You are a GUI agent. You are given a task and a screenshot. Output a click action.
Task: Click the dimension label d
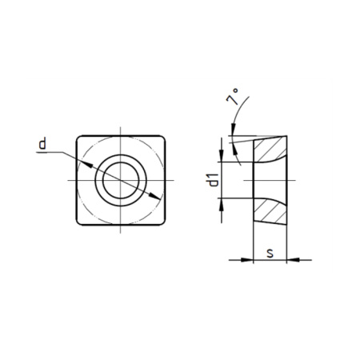pos(42,143)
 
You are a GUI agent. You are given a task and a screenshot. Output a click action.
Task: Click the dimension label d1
pos(214,180)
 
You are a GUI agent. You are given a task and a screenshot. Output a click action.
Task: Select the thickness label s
pos(270,253)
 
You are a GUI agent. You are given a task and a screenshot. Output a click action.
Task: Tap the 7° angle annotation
pos(232,97)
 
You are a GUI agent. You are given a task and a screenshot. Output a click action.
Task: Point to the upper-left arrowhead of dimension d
pos(87,165)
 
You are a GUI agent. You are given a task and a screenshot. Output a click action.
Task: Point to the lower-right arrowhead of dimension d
pos(154,196)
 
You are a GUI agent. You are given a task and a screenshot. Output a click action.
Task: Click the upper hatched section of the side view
pos(270,149)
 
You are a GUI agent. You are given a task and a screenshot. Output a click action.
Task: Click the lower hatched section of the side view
pos(270,211)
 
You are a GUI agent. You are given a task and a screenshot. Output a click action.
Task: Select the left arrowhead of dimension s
pos(246,259)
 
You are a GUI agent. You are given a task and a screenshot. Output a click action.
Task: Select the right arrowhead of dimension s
pos(293,259)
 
